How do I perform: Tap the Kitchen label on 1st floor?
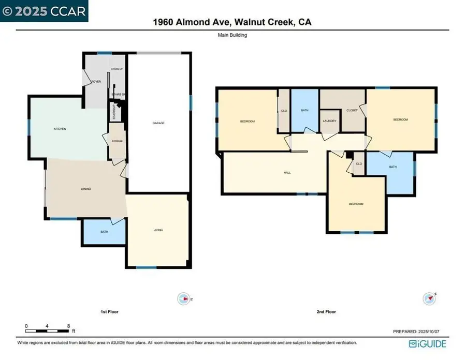point(60,129)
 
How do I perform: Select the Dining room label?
point(86,189)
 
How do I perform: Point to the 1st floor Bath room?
point(104,232)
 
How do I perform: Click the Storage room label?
point(117,141)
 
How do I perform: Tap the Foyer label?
point(96,82)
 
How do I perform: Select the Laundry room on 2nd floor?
point(329,121)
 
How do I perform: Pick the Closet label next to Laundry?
point(352,110)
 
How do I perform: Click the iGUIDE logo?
point(427,343)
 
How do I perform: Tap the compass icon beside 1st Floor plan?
point(185,298)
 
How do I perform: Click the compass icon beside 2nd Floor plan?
point(429,298)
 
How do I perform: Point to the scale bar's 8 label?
point(68,326)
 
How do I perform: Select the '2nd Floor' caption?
point(327,312)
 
